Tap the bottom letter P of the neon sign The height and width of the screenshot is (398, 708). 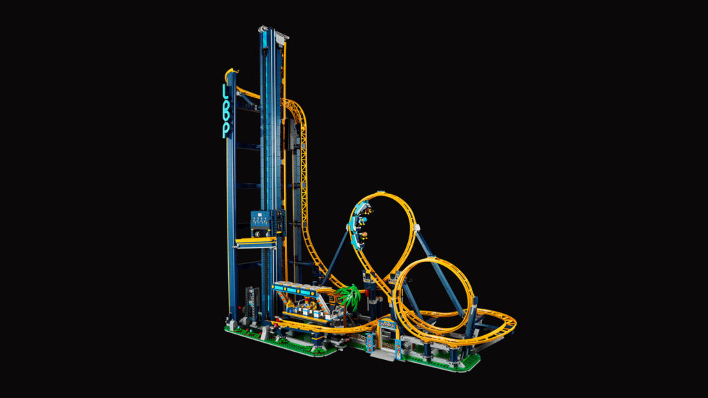tap(225, 131)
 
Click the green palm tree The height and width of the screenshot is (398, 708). tap(350, 297)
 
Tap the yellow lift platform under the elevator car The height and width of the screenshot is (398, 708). tap(255, 241)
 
